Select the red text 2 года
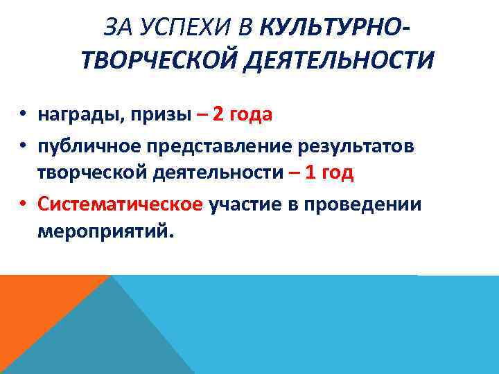[x=242, y=114]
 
